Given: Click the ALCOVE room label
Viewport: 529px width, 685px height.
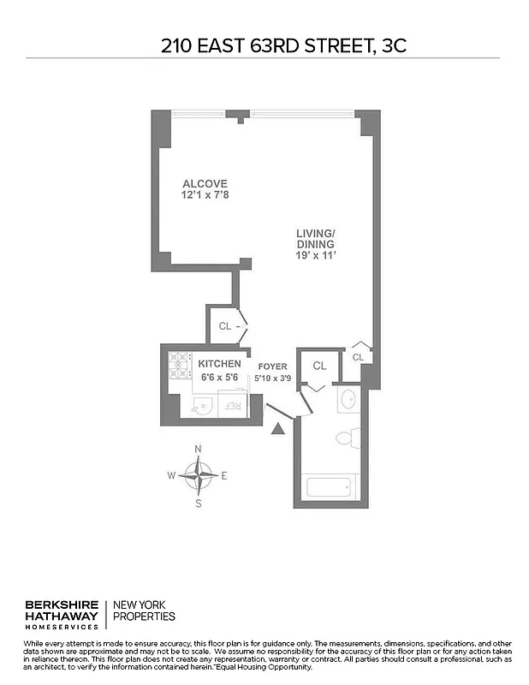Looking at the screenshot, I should (x=205, y=183).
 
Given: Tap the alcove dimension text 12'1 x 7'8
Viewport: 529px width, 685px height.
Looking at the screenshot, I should (x=205, y=195).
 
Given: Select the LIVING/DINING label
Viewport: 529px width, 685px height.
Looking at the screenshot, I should (x=316, y=239).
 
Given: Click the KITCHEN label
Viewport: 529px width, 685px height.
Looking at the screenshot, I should (x=220, y=364).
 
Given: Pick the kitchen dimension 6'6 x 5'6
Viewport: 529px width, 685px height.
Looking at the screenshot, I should (x=220, y=377).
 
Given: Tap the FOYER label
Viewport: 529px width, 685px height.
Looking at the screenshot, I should (x=272, y=366).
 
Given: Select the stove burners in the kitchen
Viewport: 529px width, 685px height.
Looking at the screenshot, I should (x=180, y=366).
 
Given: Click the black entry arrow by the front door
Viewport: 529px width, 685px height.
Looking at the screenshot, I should (x=277, y=428).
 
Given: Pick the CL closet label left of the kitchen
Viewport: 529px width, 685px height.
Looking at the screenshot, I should (x=225, y=326).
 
